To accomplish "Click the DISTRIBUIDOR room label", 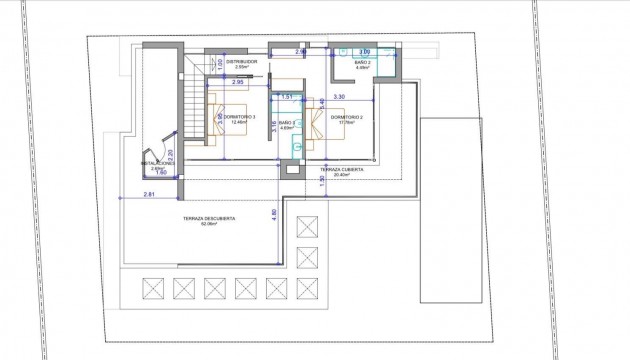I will [x=241, y=62].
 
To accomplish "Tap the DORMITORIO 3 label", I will [x=240, y=117].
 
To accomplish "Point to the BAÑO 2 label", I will [x=363, y=62].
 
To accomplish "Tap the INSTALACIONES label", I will [x=158, y=162].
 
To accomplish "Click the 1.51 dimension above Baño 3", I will [x=286, y=96].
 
